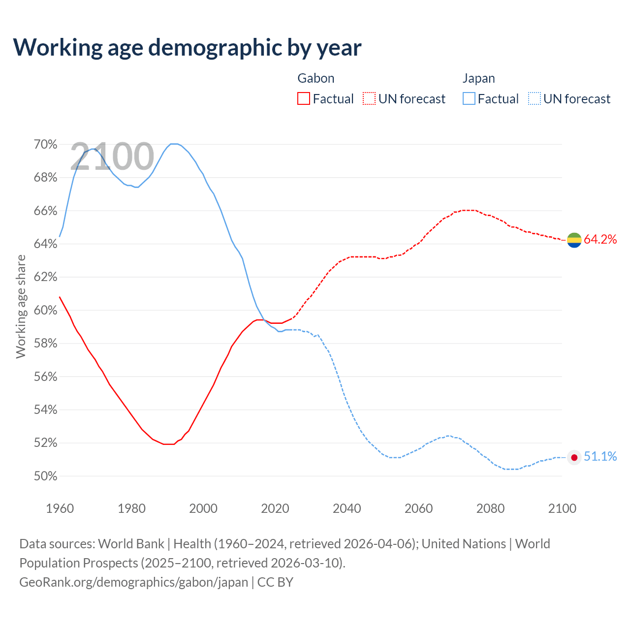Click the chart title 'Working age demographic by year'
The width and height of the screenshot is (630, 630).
tap(187, 47)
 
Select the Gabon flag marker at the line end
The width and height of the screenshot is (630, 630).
tap(574, 240)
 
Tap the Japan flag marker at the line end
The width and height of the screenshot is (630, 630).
tap(574, 457)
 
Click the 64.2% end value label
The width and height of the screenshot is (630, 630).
tap(600, 240)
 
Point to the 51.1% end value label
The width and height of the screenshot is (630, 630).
tap(600, 457)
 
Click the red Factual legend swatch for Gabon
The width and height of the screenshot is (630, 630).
tap(304, 99)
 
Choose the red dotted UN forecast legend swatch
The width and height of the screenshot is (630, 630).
tap(369, 99)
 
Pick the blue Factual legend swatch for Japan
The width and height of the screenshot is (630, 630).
tap(469, 99)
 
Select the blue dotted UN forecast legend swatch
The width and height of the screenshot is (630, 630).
tap(534, 99)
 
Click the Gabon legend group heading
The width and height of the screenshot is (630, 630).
tap(316, 78)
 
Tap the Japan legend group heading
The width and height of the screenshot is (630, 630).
tap(478, 78)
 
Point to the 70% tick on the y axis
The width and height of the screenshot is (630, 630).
tap(45, 145)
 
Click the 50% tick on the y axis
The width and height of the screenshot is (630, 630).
tap(45, 476)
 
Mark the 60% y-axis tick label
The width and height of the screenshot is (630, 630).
tap(45, 311)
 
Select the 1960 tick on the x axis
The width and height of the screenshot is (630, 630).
tap(60, 508)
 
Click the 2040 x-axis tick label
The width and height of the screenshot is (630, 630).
tap(347, 508)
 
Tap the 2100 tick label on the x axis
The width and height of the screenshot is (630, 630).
tap(562, 508)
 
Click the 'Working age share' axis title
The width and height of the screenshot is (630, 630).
tap(21, 306)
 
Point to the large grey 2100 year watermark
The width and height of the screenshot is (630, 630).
tap(112, 157)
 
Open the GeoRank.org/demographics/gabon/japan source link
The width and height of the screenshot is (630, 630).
tap(133, 582)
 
